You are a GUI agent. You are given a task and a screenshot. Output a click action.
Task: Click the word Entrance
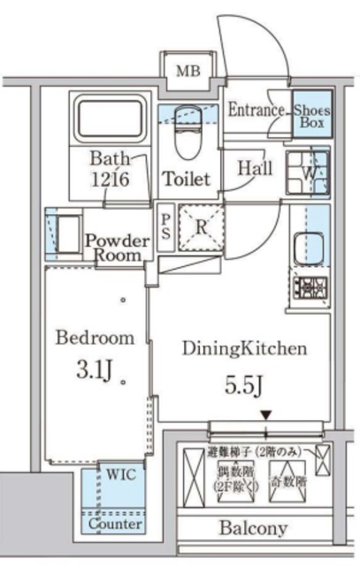point(255,111)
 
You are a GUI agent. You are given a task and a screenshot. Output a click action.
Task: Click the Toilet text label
point(186,180)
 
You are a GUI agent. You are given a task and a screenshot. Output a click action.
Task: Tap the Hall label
point(255,167)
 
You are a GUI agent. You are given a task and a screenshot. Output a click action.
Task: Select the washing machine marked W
point(308,172)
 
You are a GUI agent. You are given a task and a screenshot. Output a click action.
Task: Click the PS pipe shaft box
point(166,227)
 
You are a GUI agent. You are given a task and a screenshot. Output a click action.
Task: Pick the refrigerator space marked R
point(201,227)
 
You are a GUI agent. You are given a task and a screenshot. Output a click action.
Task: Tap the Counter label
point(115,524)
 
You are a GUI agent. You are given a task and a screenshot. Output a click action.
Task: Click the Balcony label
point(253,529)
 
